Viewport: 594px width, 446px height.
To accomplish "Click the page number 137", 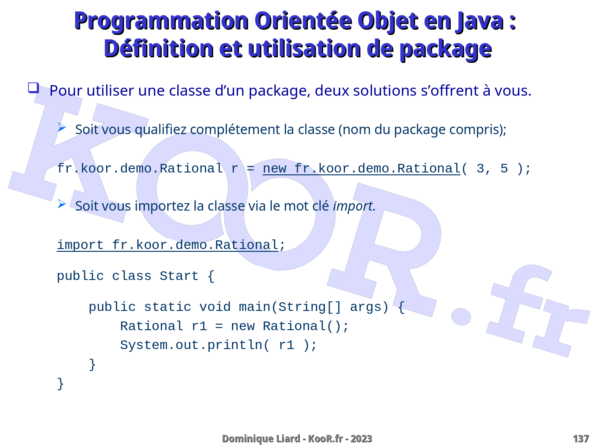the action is pos(581,439).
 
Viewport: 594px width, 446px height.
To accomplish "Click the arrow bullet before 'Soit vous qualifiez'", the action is pos(62,127).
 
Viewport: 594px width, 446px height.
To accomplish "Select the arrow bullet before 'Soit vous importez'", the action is pos(62,204).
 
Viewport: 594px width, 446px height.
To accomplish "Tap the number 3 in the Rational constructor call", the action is pos(480,168).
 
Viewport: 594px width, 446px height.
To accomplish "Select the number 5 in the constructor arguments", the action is pos(504,168).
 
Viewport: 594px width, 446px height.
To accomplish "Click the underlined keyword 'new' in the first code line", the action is pos(274,168).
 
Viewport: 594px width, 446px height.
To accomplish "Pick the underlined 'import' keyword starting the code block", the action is pos(80,245).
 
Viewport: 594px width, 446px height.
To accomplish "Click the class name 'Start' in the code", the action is pos(179,276).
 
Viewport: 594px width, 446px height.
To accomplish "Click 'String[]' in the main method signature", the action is pos(310,307).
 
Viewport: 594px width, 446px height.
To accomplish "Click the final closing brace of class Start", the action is pos(61,384).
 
